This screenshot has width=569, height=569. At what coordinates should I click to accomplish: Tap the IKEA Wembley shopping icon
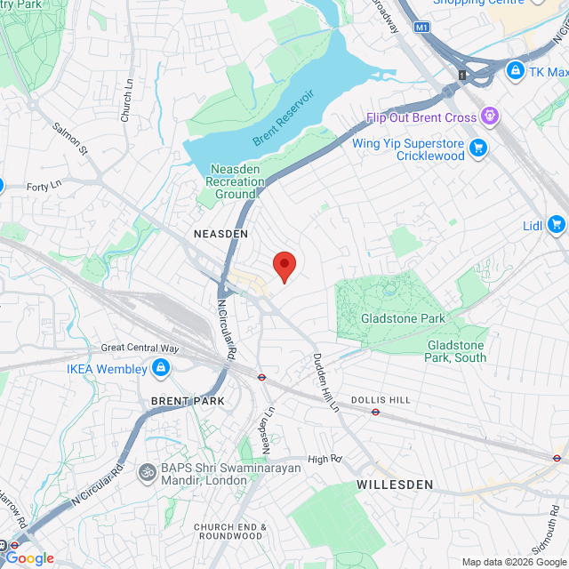click(160, 367)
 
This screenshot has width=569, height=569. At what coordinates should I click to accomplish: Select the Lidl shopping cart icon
click(557, 224)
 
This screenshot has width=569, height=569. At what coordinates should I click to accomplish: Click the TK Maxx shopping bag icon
click(514, 69)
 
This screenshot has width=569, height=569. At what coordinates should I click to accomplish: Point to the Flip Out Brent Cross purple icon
click(488, 116)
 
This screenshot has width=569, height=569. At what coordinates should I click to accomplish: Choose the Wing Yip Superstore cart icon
click(478, 148)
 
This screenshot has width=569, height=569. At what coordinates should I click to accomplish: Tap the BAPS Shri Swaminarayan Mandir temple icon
click(148, 471)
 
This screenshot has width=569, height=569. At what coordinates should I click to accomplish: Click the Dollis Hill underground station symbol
click(376, 412)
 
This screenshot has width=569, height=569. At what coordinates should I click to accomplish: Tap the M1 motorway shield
click(421, 28)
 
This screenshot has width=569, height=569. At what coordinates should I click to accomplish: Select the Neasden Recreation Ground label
click(235, 181)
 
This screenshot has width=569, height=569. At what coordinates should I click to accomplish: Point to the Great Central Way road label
click(140, 348)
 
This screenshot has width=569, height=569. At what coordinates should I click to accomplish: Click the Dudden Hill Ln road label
click(325, 382)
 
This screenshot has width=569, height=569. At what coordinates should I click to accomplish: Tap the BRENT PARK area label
click(188, 401)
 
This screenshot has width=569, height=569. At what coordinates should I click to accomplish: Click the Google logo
click(30, 558)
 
